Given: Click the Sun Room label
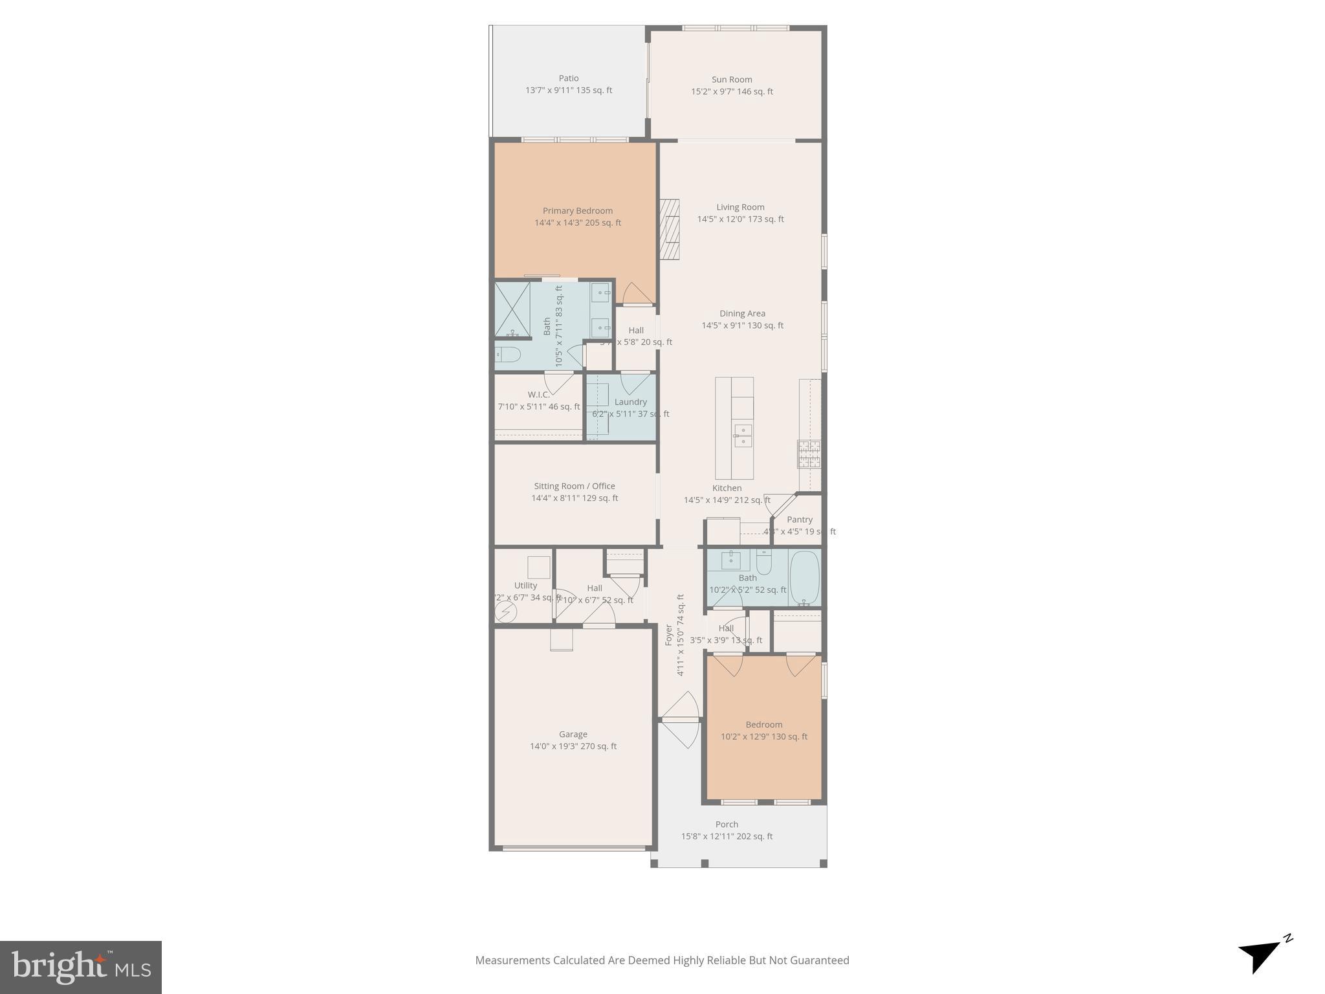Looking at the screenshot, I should [x=732, y=80].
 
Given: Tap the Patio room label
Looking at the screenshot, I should [x=569, y=78].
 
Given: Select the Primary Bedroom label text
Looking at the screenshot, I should [x=577, y=210].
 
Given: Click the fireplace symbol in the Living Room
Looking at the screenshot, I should [x=670, y=229].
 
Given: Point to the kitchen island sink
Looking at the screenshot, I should [x=743, y=436].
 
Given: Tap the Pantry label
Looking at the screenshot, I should [x=800, y=520].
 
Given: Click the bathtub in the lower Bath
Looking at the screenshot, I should [x=804, y=577].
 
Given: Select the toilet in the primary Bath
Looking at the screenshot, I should [x=508, y=354].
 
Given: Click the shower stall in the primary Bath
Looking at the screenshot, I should [x=512, y=309].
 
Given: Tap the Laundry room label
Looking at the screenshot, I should [x=630, y=402].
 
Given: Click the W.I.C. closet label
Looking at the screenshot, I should [x=538, y=395].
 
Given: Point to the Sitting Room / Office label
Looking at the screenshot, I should [x=575, y=486].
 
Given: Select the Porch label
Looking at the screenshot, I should [x=727, y=824].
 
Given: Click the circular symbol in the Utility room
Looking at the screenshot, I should [x=505, y=612].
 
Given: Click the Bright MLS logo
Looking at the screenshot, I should [x=81, y=967].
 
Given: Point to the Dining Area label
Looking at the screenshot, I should [x=742, y=313].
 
